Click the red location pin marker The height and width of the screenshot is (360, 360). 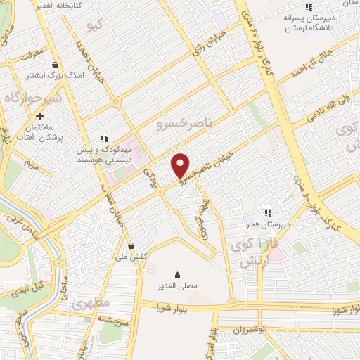point(181,165)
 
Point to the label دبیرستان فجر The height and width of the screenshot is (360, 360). point(267,224)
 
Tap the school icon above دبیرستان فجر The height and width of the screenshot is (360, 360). point(267,213)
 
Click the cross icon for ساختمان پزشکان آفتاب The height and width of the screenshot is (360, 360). point(40,117)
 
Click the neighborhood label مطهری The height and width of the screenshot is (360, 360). point(90,305)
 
